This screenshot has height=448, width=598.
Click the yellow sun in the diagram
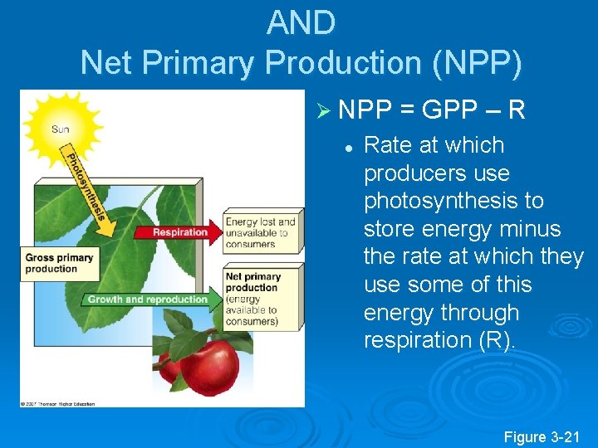point(61,122)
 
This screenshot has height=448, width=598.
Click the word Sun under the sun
point(61,129)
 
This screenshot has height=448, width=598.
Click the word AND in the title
point(301,23)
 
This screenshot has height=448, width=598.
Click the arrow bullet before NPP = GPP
point(324,111)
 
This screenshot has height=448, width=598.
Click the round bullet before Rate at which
point(350,146)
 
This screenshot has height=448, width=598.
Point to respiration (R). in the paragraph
point(439,340)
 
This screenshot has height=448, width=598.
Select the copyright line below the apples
point(58,404)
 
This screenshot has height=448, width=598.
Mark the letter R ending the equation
point(516,110)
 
